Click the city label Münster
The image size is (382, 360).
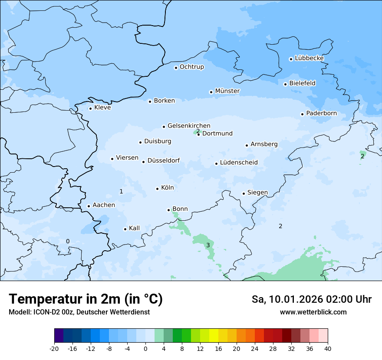[227, 91]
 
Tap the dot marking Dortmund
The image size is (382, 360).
[198, 134]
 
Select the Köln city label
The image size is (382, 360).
[167, 188]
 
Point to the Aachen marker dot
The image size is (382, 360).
[89, 206]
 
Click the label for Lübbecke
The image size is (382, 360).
[309, 58]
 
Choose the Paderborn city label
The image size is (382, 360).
[321, 113]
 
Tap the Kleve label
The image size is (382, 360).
[102, 108]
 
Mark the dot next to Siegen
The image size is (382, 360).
[244, 193]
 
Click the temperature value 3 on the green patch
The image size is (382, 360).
[208, 245]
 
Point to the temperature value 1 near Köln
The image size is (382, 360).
[121, 191]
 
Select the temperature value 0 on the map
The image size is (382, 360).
[67, 241]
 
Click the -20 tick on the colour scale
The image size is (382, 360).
[54, 348]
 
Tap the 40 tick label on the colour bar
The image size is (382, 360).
[328, 348]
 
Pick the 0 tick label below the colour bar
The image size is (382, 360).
[145, 348]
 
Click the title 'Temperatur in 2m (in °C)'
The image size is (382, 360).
[86, 299]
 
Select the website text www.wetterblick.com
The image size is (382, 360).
[313, 312]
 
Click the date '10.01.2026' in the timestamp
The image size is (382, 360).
[293, 299]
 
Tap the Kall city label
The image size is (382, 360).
[134, 228]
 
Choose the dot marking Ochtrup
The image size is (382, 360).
[176, 68]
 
